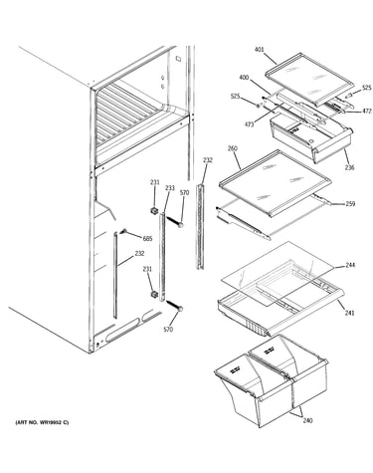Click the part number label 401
(x=260, y=50)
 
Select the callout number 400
(x=244, y=78)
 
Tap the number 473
(x=249, y=124)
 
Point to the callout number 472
(x=367, y=111)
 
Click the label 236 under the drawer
(x=349, y=167)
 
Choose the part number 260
(x=233, y=148)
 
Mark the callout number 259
(x=350, y=204)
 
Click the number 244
(x=350, y=265)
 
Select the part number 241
(x=349, y=313)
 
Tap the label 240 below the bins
(x=307, y=420)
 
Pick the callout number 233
(x=170, y=188)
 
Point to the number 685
(x=148, y=238)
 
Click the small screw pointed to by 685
(x=124, y=231)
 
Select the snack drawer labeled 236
(x=311, y=137)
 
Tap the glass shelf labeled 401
(x=308, y=79)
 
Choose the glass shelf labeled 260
(x=275, y=182)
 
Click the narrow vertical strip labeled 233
(x=162, y=257)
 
